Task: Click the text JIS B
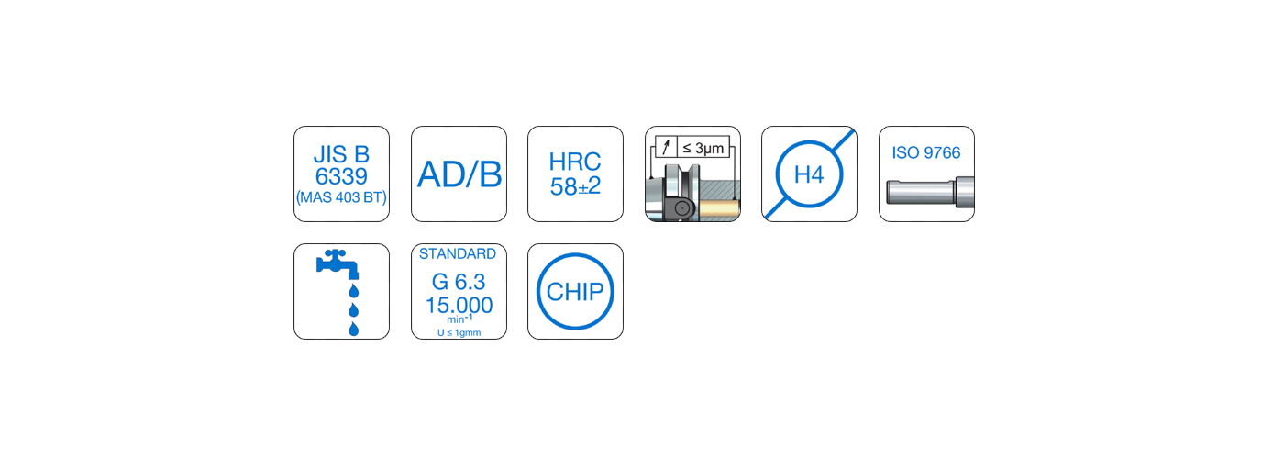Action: coord(341,153)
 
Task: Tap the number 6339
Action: coord(341,175)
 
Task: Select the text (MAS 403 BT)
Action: coord(341,196)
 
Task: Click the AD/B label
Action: coord(459,174)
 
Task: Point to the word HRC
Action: coord(575,162)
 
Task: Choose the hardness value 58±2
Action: coord(575,187)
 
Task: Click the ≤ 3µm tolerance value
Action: coord(708,147)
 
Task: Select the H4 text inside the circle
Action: coord(809,174)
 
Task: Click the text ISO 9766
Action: coord(926,153)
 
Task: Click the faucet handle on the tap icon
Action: coord(338,252)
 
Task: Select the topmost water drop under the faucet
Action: coord(353,291)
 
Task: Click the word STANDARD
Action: coord(458,254)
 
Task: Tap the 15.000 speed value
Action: coord(459,305)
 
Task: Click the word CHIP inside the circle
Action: coord(575,292)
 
